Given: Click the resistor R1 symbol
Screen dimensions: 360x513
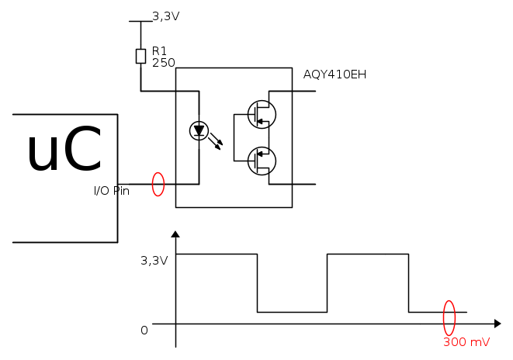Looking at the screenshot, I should tap(140, 56).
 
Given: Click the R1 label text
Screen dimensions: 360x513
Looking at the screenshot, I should tap(160, 50).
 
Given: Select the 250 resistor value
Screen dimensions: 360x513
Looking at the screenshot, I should tap(163, 62).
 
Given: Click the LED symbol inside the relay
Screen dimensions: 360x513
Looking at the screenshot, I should tap(199, 130).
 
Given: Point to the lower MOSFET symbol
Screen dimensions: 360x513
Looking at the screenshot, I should tap(259, 161).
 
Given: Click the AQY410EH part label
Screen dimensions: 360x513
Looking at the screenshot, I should tap(334, 75).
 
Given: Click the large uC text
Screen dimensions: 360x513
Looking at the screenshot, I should tap(64, 151).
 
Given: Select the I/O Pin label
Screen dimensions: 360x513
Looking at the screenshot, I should tap(111, 190).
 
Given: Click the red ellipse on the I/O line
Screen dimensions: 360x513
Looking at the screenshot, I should tap(158, 184).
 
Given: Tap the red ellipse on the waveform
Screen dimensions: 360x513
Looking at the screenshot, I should tap(449, 317).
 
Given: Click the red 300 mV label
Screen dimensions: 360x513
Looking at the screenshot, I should tap(466, 342).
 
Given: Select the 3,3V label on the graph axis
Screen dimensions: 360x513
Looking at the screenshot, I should tap(154, 261).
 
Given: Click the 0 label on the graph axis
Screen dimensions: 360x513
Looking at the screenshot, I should tap(144, 331).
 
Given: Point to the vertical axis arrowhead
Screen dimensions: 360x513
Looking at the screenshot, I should tap(176, 235).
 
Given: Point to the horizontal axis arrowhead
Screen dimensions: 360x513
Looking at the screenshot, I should tap(496, 323).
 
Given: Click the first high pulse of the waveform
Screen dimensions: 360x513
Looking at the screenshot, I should tap(217, 254).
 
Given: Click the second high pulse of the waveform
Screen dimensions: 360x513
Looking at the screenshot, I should tap(368, 254).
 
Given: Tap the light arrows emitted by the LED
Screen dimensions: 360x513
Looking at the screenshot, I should tap(218, 141).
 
